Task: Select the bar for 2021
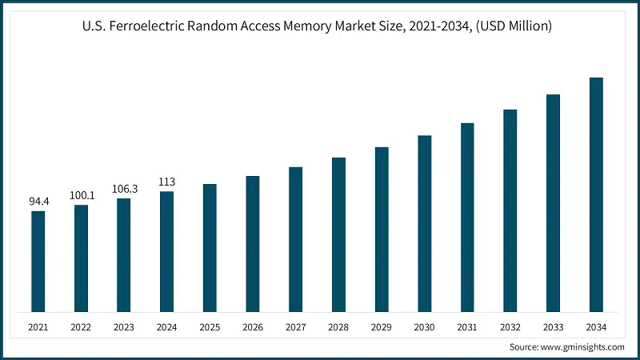38,261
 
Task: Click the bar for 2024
166,251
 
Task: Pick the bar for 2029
382,229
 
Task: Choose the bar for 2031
467,217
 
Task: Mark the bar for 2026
252,243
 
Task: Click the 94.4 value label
38,202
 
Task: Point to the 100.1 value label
81,195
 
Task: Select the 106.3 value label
124,189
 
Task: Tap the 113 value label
166,182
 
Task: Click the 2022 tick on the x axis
81,326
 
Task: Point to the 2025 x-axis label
210,326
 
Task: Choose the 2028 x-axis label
338,326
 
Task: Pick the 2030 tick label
424,326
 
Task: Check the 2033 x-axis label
553,326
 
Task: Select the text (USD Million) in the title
512,26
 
